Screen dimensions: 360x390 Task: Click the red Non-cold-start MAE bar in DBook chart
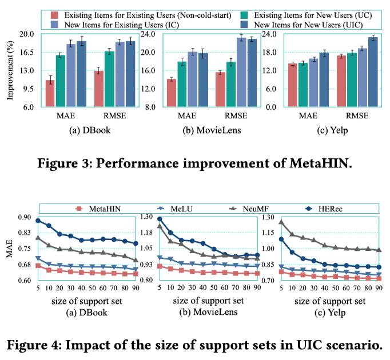click(x=50, y=93)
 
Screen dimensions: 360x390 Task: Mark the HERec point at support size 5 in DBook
click(x=38, y=221)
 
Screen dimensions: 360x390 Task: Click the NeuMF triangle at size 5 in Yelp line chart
click(x=281, y=222)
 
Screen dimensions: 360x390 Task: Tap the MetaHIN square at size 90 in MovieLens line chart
click(x=257, y=273)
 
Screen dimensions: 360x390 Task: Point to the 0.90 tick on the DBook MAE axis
click(x=25, y=217)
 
